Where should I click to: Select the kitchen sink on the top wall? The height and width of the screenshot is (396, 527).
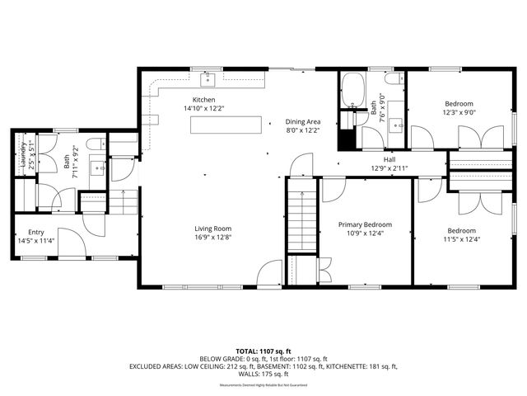208,80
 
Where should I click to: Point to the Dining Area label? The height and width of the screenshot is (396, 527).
302,121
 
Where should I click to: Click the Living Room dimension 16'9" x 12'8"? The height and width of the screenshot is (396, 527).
212,238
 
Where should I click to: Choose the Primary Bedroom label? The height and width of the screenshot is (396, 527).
366,224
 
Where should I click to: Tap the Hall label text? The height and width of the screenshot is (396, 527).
389,159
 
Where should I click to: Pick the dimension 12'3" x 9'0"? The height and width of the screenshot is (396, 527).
459,112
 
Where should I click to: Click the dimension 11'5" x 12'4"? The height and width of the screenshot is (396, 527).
461,239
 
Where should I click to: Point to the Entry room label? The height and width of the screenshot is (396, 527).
36,233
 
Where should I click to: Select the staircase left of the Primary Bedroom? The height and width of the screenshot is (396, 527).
301,218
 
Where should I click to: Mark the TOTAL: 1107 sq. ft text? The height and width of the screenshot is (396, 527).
263,351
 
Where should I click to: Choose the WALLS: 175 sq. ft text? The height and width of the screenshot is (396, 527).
263,374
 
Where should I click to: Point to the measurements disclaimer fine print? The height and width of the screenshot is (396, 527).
263,385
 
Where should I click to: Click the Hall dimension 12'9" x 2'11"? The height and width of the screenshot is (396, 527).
389,168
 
